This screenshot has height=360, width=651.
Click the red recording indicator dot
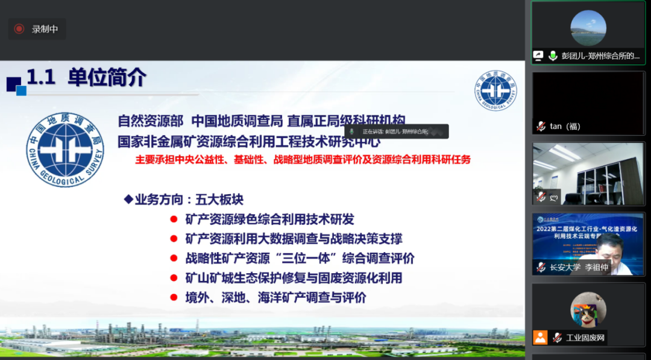pyautogui.click(x=19, y=29)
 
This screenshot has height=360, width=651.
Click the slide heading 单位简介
pyautogui.click(x=107, y=78)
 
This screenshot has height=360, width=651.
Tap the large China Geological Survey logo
pyautogui.click(x=65, y=148)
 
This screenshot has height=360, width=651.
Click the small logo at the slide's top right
pyautogui.click(x=495, y=90)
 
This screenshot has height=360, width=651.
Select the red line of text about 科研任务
pyautogui.click(x=303, y=160)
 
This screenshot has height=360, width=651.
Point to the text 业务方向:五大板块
pyautogui.click(x=183, y=200)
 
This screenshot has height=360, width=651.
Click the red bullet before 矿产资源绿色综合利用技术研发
pyautogui.click(x=174, y=219)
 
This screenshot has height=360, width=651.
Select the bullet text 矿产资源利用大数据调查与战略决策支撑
pyautogui.click(x=294, y=239)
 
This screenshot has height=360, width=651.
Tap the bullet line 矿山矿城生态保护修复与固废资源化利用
pyautogui.click(x=294, y=278)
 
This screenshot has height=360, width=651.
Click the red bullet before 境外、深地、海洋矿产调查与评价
pyautogui.click(x=174, y=298)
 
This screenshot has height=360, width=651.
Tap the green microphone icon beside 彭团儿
pyautogui.click(x=553, y=55)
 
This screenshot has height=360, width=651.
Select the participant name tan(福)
pyautogui.click(x=565, y=126)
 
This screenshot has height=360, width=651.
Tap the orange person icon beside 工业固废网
pyautogui.click(x=540, y=337)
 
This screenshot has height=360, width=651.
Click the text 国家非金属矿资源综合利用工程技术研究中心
pyautogui.click(x=249, y=141)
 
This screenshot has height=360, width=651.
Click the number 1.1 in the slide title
pyautogui.click(x=41, y=78)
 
